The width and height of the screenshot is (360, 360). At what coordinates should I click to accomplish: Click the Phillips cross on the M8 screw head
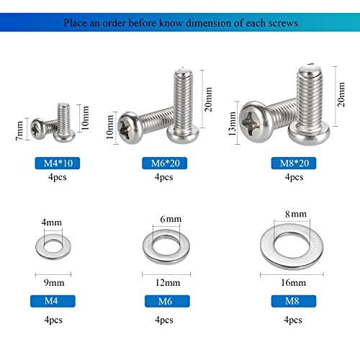point(257,118)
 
